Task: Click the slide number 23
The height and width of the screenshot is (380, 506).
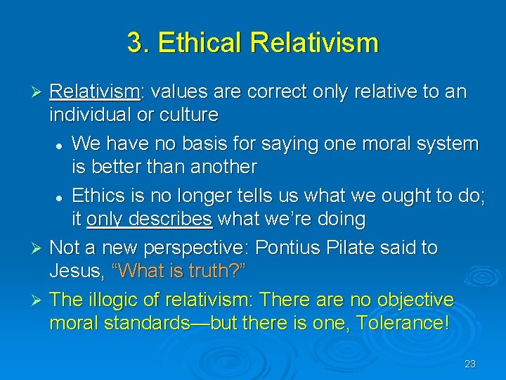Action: pos(470,364)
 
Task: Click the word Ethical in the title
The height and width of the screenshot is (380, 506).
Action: pos(202,43)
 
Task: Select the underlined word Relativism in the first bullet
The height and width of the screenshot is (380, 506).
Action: pos(95,92)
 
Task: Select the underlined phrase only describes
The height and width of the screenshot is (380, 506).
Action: pos(149,219)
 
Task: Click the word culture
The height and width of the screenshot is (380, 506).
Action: pos(190,114)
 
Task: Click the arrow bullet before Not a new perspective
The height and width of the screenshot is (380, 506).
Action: pos(39,248)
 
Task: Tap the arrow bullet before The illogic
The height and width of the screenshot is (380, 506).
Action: pos(39,300)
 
